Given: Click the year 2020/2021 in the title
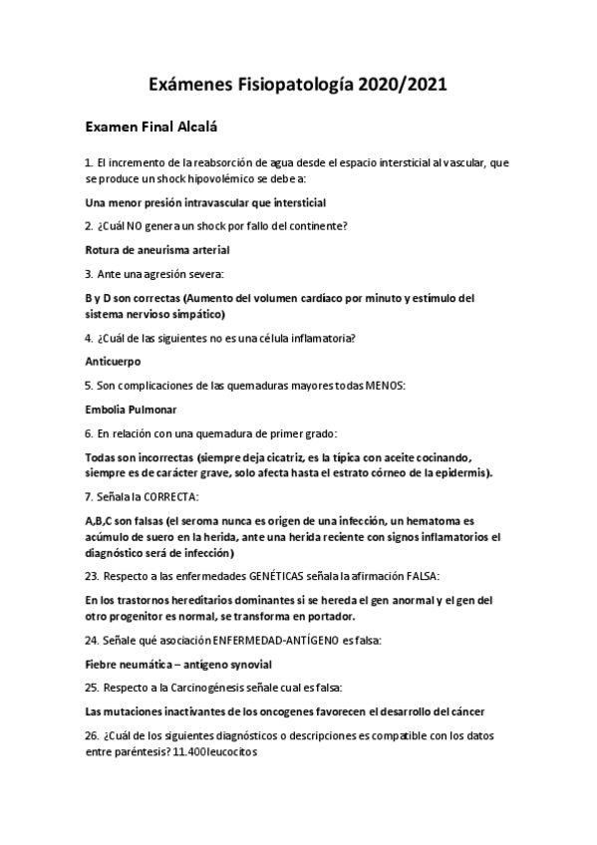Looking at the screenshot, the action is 396,86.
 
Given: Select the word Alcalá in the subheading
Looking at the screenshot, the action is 194,127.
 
